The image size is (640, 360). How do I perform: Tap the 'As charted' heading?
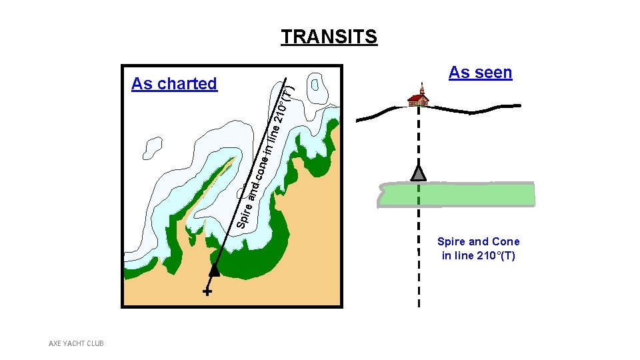click(x=174, y=83)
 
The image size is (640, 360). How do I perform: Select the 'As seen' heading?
click(x=480, y=72)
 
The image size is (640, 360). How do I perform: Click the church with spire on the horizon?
click(x=418, y=97)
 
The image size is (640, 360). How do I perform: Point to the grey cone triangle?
click(x=418, y=173)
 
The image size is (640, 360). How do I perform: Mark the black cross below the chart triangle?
click(x=207, y=292)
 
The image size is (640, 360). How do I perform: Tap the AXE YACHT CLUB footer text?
click(x=77, y=343)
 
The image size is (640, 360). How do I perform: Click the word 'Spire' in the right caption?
click(x=451, y=241)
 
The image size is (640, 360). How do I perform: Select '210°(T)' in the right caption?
click(x=496, y=255)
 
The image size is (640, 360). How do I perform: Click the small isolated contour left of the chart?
click(x=153, y=148)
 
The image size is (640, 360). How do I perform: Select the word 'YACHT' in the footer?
click(x=76, y=343)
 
